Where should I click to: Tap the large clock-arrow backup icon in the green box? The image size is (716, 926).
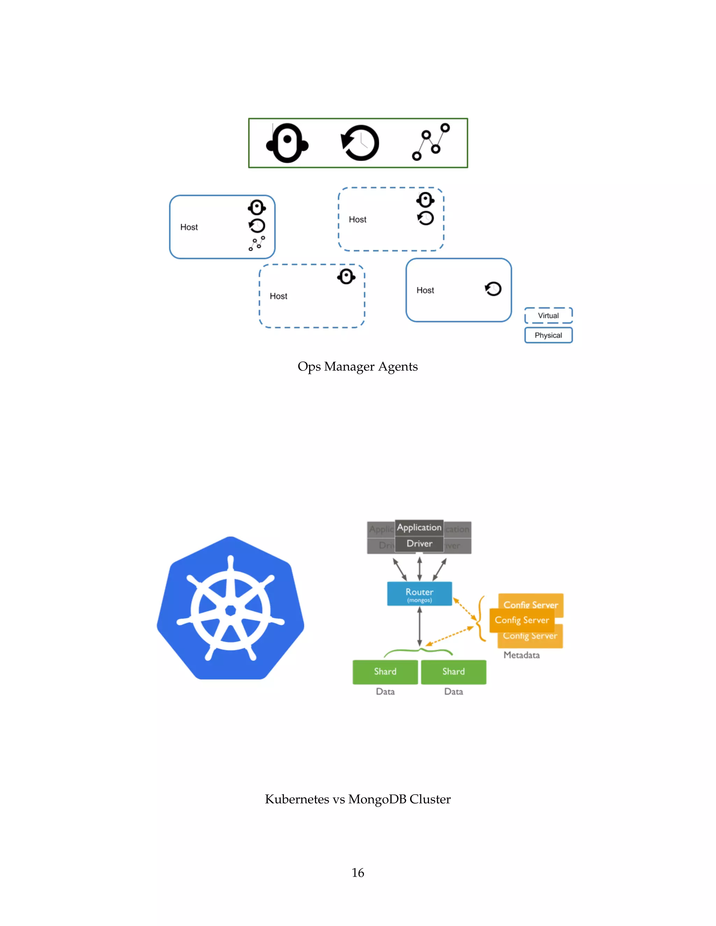click(x=360, y=143)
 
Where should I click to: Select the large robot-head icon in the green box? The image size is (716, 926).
click(x=287, y=143)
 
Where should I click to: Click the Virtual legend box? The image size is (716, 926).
click(x=548, y=316)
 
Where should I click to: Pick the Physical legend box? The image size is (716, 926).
click(x=548, y=335)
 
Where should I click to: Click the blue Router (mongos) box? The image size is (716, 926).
click(x=419, y=594)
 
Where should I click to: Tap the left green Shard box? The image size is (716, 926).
click(x=385, y=672)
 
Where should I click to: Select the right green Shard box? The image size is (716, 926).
click(x=453, y=672)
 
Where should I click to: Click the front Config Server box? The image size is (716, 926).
click(x=522, y=620)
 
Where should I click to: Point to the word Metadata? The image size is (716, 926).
click(x=521, y=655)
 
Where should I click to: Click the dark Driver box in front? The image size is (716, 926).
click(x=419, y=544)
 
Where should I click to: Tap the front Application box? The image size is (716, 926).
click(x=419, y=527)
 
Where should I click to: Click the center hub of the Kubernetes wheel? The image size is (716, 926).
click(x=230, y=610)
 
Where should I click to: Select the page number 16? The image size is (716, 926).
click(x=358, y=873)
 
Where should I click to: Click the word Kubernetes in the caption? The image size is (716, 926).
click(x=297, y=799)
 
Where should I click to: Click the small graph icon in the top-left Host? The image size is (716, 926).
click(x=257, y=243)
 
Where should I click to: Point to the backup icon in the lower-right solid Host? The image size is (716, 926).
click(x=493, y=289)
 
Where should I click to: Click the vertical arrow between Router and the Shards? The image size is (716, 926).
click(x=419, y=627)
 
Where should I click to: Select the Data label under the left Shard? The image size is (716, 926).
click(x=385, y=692)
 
